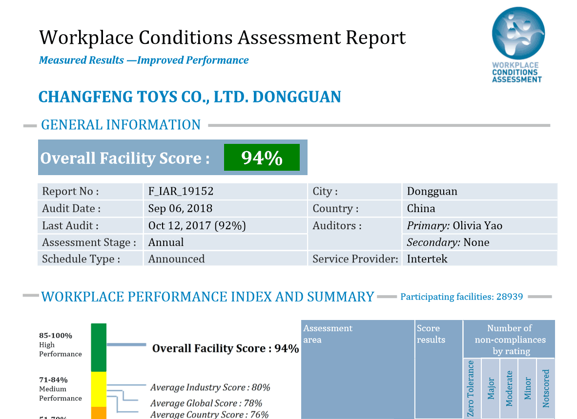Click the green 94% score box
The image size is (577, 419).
pos(262,158)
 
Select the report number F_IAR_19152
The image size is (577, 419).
pos(181,191)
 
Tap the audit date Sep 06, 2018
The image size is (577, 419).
pos(180,208)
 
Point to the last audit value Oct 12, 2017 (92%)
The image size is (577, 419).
pos(197,225)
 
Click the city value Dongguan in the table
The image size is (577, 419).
pos(432,191)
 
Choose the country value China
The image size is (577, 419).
pos(421,208)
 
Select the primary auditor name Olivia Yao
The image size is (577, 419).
pos(477,225)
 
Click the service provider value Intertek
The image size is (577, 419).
pos(427,259)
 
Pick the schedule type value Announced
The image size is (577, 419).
pos(176,259)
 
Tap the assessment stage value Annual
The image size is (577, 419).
pos(166,242)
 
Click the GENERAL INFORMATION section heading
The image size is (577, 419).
pos(121,125)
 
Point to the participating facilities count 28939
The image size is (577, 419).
pos(510,297)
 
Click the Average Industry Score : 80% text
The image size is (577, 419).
pos(210,387)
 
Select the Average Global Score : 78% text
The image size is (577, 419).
pos(206,403)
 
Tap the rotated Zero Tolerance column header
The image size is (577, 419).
pos(471,388)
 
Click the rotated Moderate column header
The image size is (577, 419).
pos(509,388)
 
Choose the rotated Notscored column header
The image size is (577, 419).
pos(546,388)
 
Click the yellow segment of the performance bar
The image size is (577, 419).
pos(99,389)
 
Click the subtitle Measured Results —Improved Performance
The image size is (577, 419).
pos(144,60)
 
